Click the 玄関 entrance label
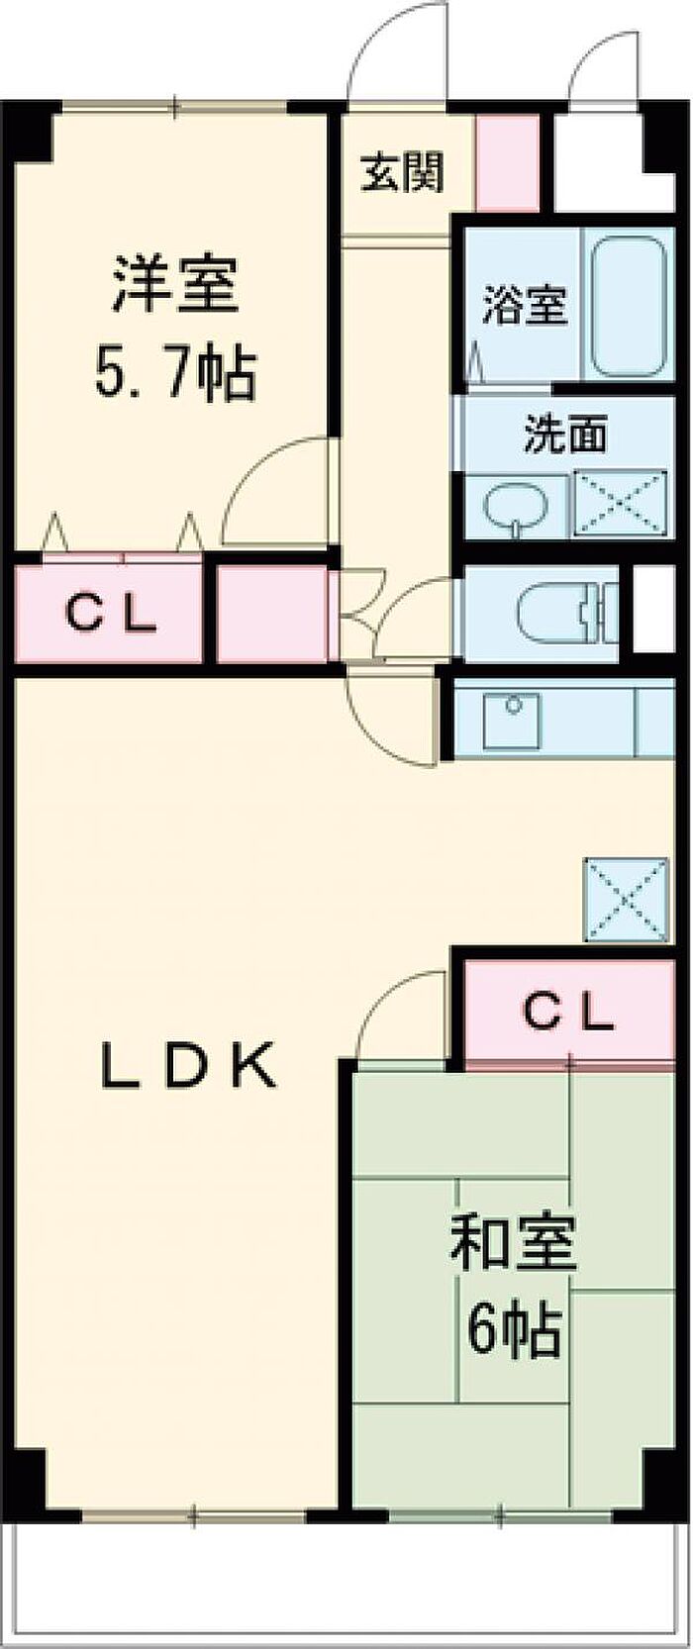point(401,173)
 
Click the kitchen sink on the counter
point(513,720)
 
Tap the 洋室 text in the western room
point(174,284)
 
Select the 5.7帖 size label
point(174,372)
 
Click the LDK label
point(187,1066)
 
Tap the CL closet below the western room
point(111,615)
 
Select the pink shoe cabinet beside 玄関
point(507,163)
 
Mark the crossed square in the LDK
point(626,899)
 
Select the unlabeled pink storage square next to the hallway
point(271,614)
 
